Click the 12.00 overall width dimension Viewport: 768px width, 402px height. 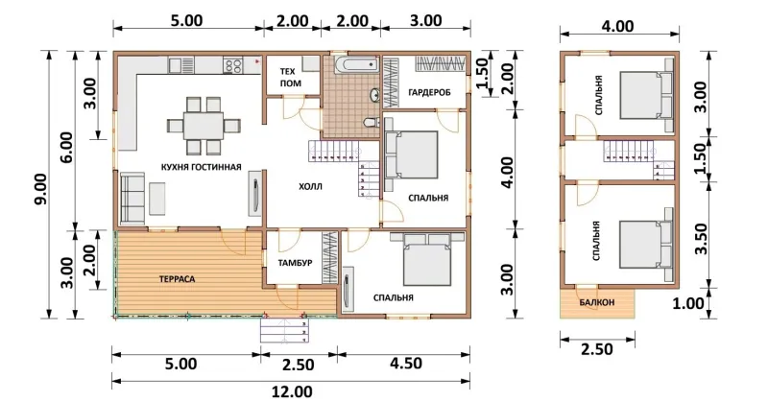pyautogui.click(x=291, y=392)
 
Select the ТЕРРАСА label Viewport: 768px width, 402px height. pyautogui.click(x=178, y=279)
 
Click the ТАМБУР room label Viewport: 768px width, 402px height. pyautogui.click(x=296, y=263)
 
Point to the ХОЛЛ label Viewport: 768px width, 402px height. pyautogui.click(x=310, y=186)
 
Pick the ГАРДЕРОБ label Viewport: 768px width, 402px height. pyautogui.click(x=429, y=92)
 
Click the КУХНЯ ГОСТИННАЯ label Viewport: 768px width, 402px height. pyautogui.click(x=202, y=167)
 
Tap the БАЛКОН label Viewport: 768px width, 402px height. pyautogui.click(x=596, y=302)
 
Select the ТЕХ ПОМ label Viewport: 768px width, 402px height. pyautogui.click(x=291, y=78)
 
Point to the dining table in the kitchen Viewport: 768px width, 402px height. pyautogui.click(x=204, y=126)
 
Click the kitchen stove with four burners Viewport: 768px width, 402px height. pyautogui.click(x=233, y=65)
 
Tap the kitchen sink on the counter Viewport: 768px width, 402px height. pyautogui.click(x=181, y=64)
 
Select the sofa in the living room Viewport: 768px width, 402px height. pyautogui.click(x=132, y=199)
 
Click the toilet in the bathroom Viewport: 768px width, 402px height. pyautogui.click(x=372, y=121)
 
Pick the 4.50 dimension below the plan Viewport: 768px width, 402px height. pyautogui.click(x=406, y=364)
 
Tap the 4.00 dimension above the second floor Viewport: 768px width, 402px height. pyautogui.click(x=618, y=26)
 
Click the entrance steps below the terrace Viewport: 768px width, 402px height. pyautogui.click(x=283, y=330)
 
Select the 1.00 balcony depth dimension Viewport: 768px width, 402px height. pyautogui.click(x=688, y=303)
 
